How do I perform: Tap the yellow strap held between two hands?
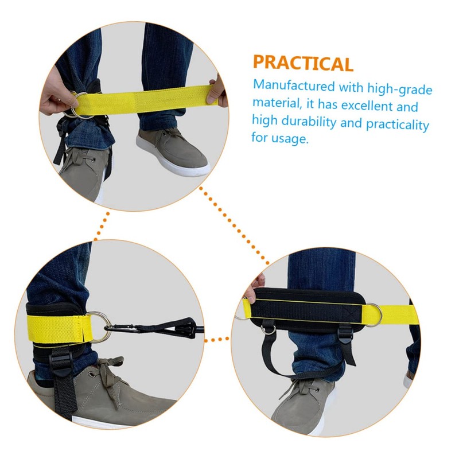click(x=149, y=103)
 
